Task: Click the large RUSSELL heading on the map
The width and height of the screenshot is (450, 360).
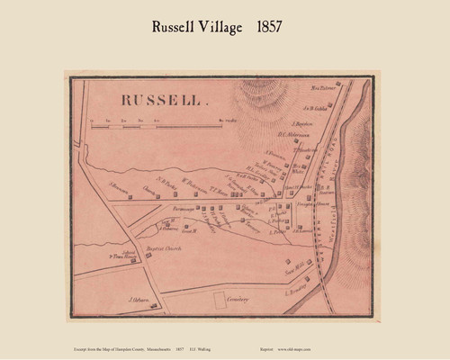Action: click(x=157, y=102)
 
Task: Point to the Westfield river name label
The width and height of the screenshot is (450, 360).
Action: click(x=346, y=220)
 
